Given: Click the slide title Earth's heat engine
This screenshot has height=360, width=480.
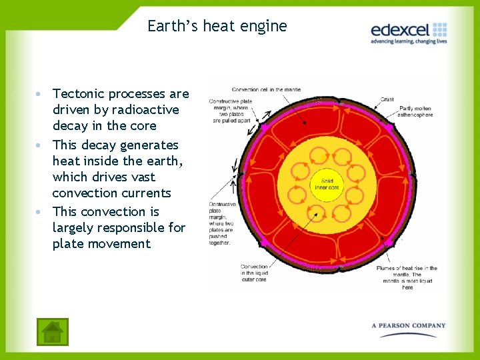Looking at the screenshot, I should pos(217,26).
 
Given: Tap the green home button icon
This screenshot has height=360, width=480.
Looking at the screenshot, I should pos(51,331).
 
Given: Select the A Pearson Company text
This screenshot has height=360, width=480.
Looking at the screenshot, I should pos(409,325).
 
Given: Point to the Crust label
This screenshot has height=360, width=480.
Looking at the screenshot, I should pos(387,99).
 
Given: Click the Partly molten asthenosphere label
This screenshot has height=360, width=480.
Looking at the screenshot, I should pos(416,111).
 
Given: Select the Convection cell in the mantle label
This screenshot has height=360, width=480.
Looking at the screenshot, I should pos(267,89).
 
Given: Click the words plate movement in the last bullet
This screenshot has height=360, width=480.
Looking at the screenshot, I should pos(101,244).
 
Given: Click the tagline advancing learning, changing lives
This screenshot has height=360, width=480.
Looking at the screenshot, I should pos(409,41).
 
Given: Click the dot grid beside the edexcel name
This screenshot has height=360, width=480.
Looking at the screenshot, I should pos(439,29).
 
